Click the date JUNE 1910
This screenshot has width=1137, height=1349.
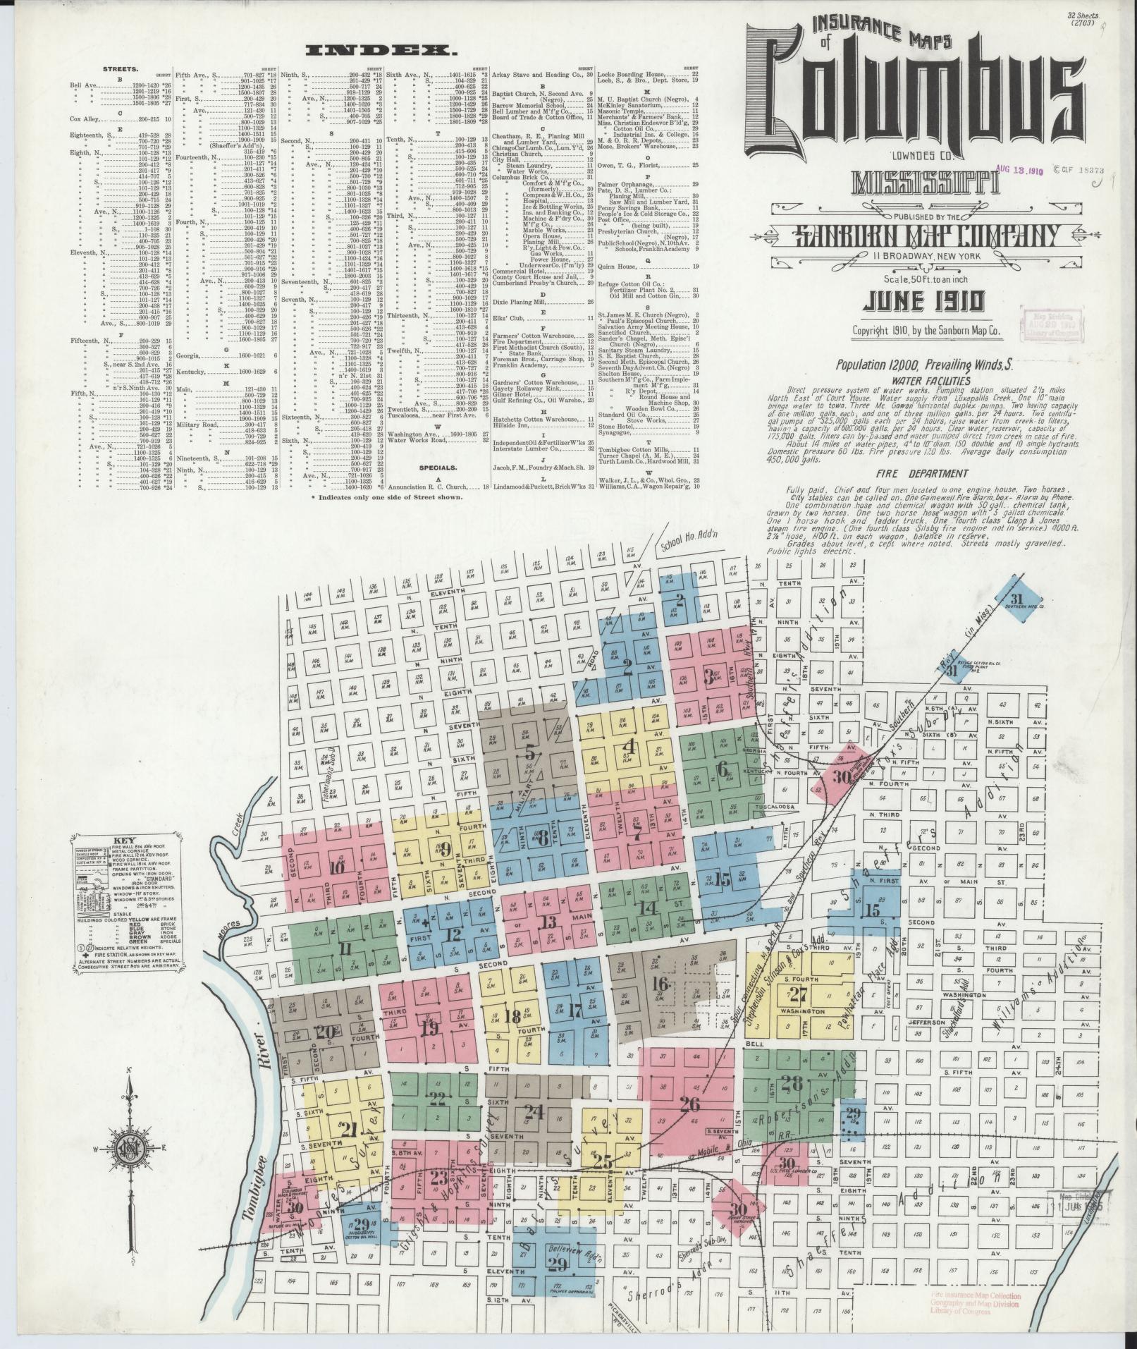(x=924, y=301)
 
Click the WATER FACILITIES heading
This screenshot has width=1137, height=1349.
(x=926, y=379)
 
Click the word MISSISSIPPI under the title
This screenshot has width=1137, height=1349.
(x=925, y=183)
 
